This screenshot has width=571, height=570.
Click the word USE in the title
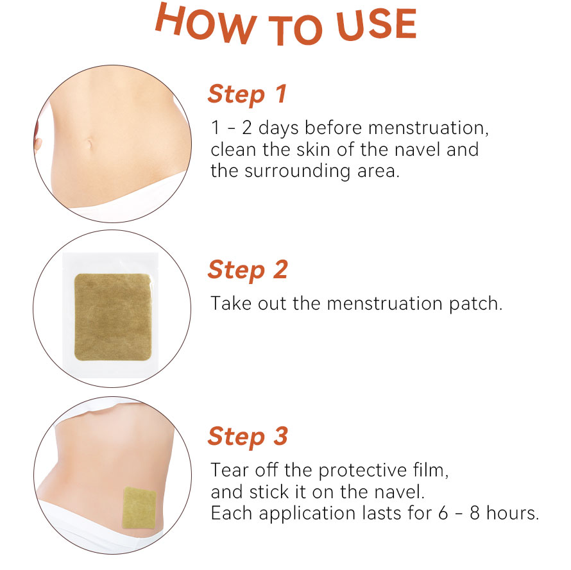tap(377, 24)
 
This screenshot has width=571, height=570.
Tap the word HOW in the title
tap(206, 24)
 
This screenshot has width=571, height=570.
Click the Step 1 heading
tap(247, 94)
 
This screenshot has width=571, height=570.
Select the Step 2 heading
tap(248, 270)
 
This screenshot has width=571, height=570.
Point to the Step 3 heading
tap(248, 436)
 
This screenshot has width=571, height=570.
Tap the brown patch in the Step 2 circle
tap(113, 317)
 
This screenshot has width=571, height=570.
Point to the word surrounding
tap(298, 171)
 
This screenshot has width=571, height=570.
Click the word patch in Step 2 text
tap(475, 304)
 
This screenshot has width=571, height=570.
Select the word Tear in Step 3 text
tap(230, 470)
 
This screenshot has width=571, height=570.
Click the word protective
tap(362, 471)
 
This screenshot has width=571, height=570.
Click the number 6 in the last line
tap(443, 513)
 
